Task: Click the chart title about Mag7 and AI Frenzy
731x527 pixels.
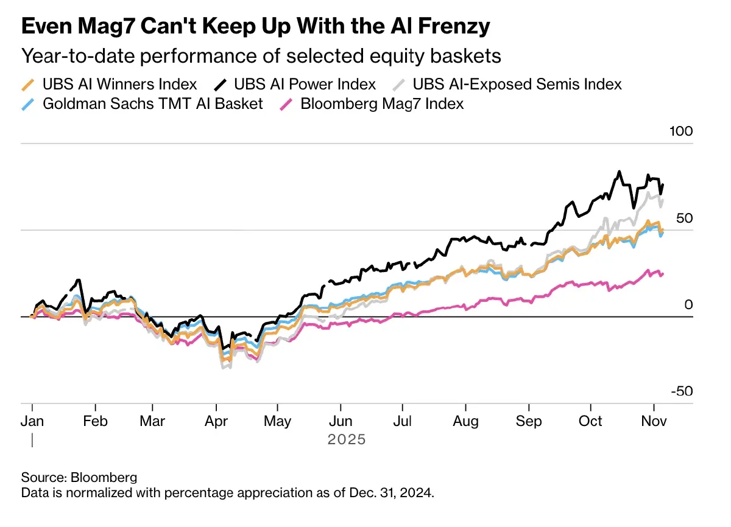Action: tap(256, 26)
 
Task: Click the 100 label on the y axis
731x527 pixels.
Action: tap(681, 131)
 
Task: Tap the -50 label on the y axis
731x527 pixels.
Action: tap(681, 391)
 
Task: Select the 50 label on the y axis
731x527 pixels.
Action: tap(685, 218)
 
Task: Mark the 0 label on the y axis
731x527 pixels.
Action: tap(688, 304)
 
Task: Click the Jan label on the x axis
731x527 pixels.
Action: tap(32, 421)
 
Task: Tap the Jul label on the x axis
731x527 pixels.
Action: tap(403, 421)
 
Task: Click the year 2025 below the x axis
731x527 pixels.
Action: tap(347, 439)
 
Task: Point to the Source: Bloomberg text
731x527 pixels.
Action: tap(79, 476)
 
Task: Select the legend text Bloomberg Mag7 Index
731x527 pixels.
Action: tap(382, 104)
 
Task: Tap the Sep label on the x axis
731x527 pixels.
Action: tap(529, 421)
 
